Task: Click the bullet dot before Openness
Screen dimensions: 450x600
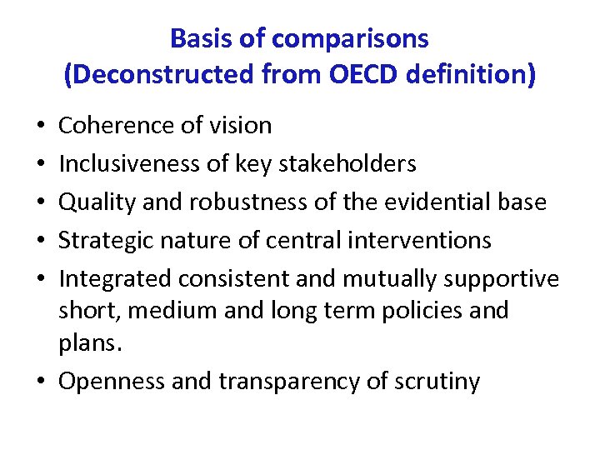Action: [42, 382]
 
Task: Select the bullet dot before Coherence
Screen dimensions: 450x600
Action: [42, 127]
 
